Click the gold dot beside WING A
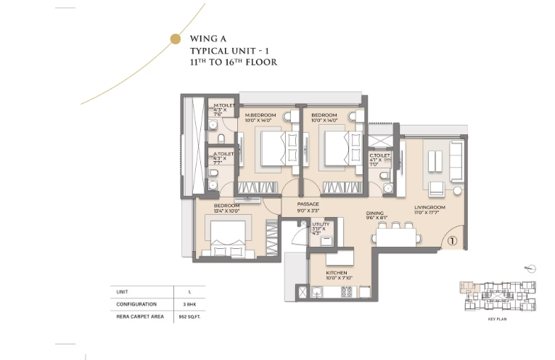174,38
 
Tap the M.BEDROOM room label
260,115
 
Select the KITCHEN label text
327,273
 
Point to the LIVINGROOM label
429,208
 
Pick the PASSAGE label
308,205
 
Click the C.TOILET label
379,155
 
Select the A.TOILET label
223,154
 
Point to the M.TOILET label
223,106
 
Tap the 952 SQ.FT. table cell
189,316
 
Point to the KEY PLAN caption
496,317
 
